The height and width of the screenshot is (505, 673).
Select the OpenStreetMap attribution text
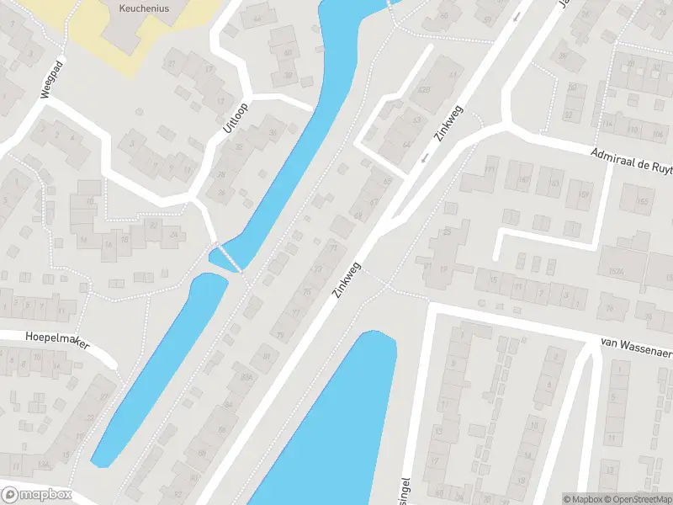coord(635,499)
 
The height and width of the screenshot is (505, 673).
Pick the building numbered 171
coord(490,173)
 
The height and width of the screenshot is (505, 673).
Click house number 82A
coord(246,377)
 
